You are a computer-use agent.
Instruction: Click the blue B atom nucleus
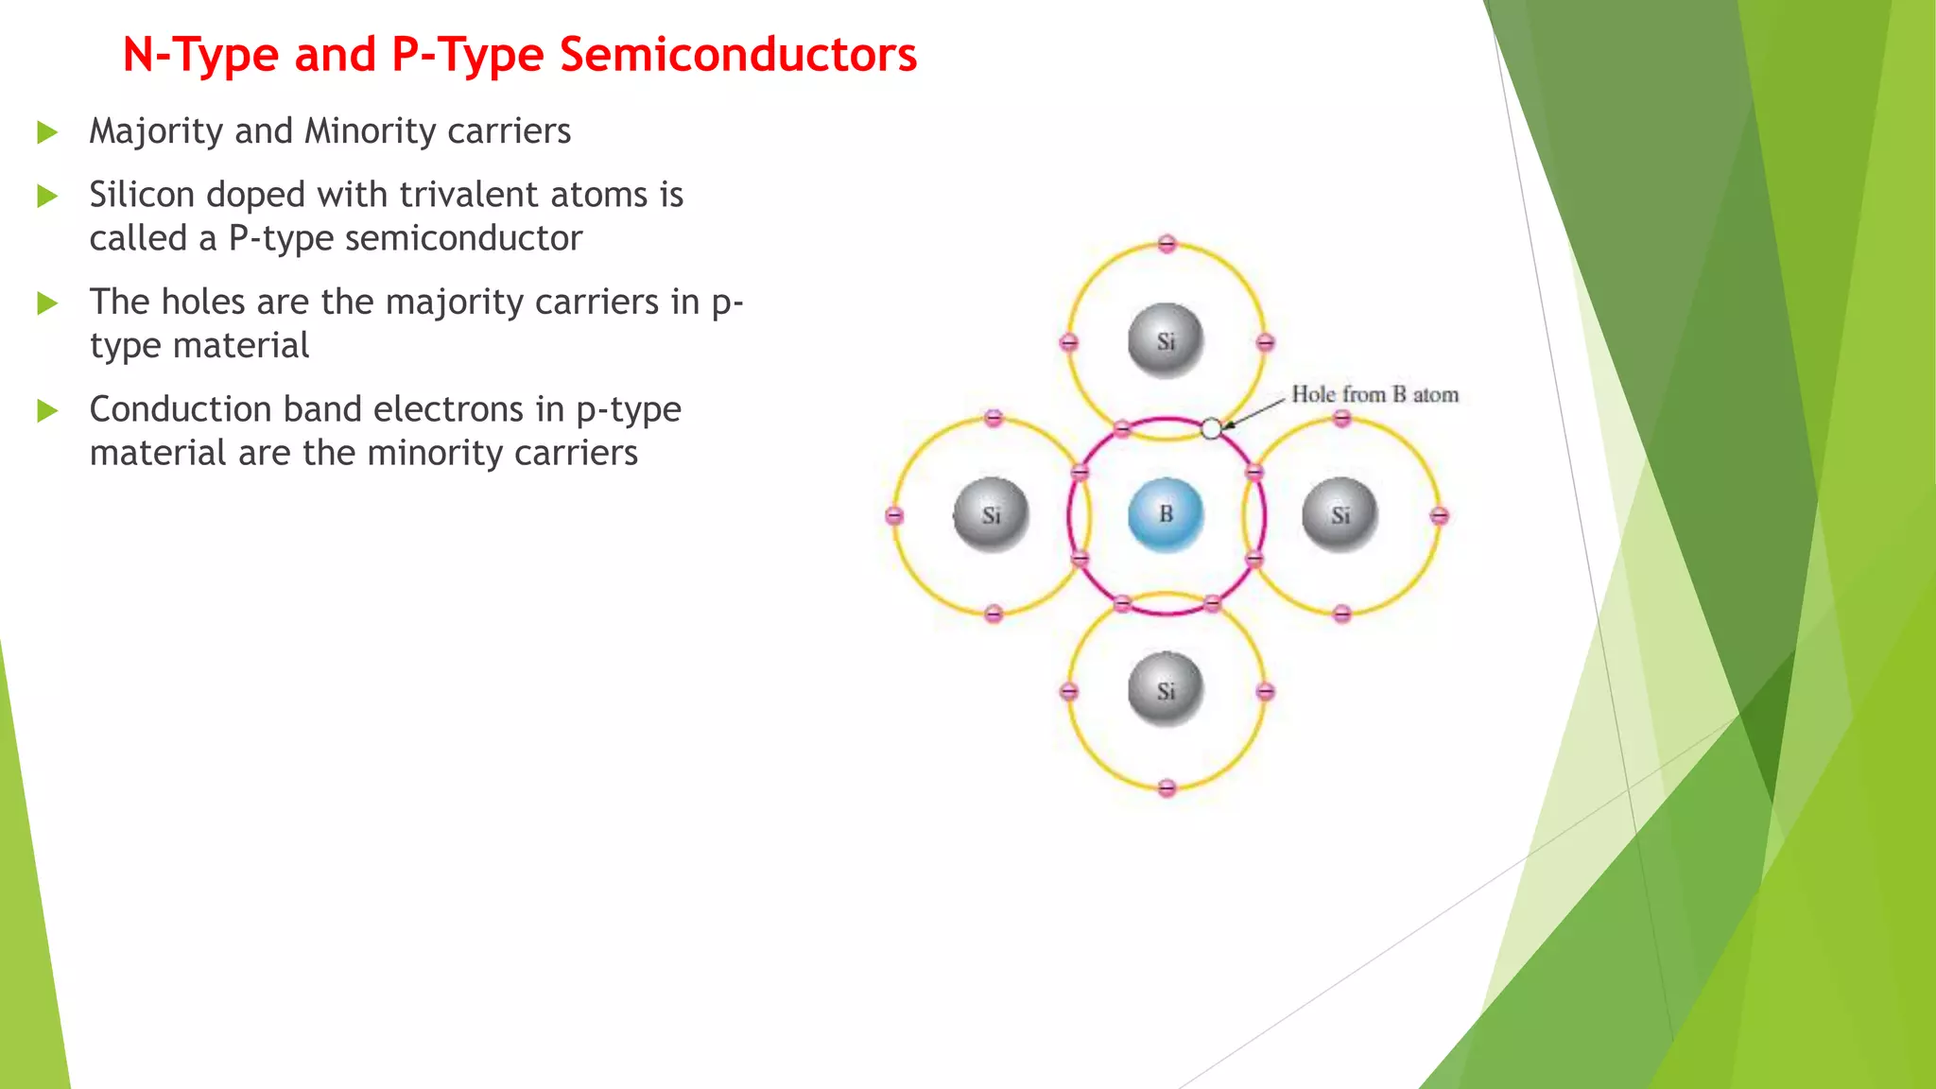tap(1166, 515)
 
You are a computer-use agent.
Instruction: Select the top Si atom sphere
tap(1166, 341)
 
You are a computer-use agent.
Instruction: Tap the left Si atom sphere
tap(991, 515)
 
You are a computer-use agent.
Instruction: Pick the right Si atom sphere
tap(1340, 515)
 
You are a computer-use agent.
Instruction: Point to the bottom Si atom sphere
tap(1166, 690)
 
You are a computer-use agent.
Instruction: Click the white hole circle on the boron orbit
tap(1211, 429)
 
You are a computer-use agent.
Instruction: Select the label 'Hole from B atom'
tap(1374, 395)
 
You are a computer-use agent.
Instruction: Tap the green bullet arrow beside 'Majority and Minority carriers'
tap(47, 132)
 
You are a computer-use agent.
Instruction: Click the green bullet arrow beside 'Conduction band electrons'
tap(47, 411)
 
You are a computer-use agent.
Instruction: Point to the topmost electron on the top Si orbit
tap(1167, 244)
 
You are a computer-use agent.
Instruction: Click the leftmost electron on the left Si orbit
tap(894, 515)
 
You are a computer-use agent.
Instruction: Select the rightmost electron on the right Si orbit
tap(1439, 515)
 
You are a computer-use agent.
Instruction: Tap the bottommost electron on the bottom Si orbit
tap(1167, 787)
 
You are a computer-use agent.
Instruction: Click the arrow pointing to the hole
tap(1252, 412)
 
